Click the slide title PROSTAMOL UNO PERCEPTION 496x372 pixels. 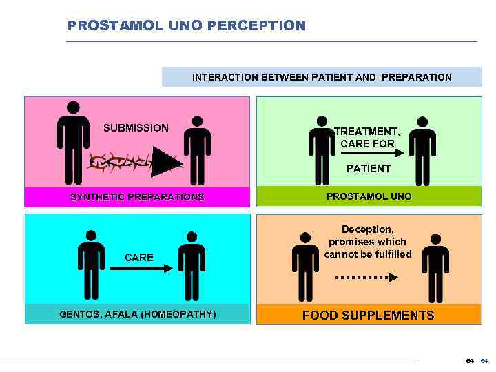pos(186,25)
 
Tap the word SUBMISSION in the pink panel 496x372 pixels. pos(136,127)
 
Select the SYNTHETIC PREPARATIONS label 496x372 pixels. pos(137,196)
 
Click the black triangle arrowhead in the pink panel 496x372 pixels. pos(165,161)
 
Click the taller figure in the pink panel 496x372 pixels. pos(72,141)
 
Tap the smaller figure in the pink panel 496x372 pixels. pos(197,149)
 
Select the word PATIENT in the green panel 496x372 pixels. pos(369,168)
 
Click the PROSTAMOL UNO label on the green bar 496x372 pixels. pos(369,196)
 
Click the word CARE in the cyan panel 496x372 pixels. pos(139,257)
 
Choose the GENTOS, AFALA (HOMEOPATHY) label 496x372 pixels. pos(138,314)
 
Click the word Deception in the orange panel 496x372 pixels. pos(367,230)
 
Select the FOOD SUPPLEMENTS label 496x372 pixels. pos(369,316)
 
